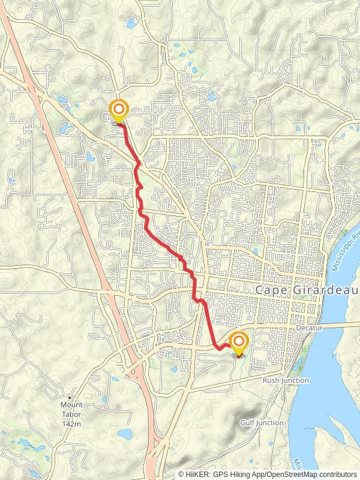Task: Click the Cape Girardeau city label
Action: click(x=307, y=289)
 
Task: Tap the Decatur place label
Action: click(x=310, y=329)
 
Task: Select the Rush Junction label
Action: click(x=286, y=380)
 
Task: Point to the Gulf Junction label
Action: click(x=262, y=423)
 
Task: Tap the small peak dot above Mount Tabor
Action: click(x=70, y=397)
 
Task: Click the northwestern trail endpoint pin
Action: click(x=119, y=110)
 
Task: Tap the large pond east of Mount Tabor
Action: click(x=125, y=433)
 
